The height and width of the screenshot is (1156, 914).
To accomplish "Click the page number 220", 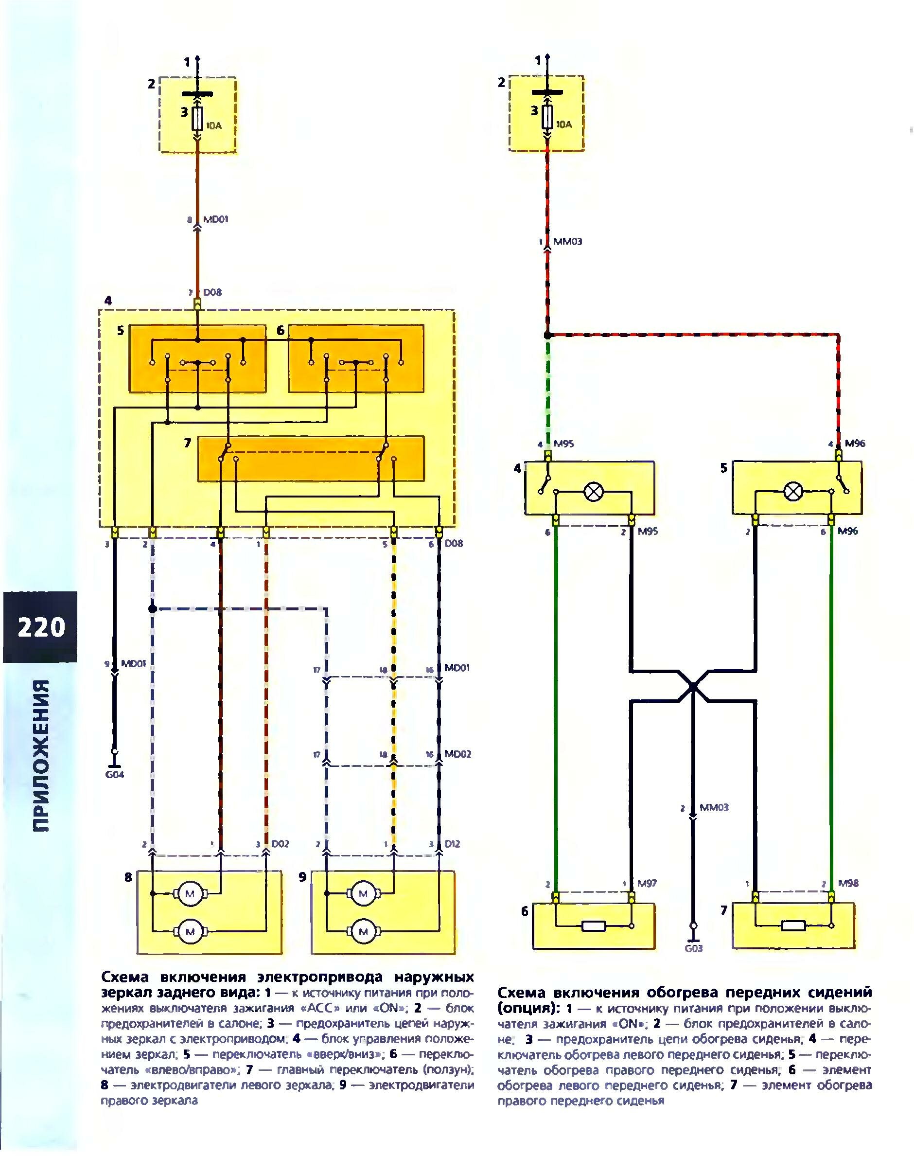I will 41,627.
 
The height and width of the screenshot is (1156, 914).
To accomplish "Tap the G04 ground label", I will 114,774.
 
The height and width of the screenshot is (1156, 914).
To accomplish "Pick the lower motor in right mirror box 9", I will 363,932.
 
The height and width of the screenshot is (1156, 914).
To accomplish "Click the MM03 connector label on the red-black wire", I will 568,242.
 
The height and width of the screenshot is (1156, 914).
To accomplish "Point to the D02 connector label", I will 280,844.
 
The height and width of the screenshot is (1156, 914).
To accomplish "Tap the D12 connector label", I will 452,844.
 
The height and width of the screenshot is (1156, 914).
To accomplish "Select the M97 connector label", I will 647,883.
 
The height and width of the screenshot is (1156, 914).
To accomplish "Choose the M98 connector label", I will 848,883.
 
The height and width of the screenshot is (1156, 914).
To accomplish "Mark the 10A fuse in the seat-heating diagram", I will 547,117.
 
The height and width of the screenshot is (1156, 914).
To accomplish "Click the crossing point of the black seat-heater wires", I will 692,685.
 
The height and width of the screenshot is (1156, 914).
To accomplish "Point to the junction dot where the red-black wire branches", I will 547,336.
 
